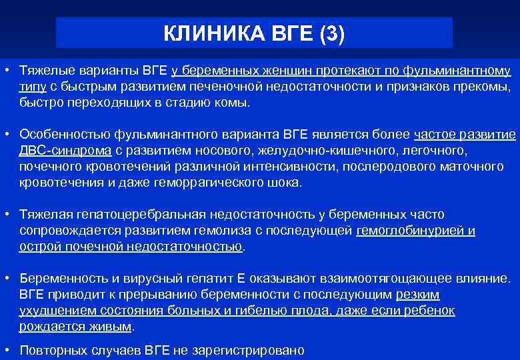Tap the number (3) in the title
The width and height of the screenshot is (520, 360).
point(331,33)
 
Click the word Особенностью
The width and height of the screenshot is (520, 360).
point(64,135)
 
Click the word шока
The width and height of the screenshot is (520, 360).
point(285,183)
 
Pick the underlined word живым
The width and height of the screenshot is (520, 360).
point(115,327)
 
